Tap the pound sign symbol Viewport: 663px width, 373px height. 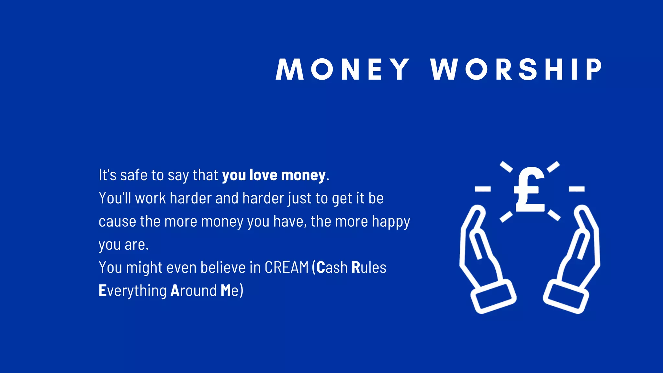click(x=530, y=190)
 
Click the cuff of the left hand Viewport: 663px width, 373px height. click(x=493, y=297)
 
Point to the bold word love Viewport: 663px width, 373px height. click(x=263, y=175)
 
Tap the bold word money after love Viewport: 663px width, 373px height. click(x=303, y=176)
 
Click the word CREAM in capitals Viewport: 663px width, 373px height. click(x=287, y=268)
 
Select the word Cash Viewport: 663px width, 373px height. click(x=332, y=268)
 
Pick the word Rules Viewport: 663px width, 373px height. click(x=369, y=268)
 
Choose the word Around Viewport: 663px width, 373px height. click(x=193, y=291)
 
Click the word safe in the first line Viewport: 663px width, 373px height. click(x=134, y=175)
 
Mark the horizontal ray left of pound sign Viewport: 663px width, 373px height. click(x=483, y=189)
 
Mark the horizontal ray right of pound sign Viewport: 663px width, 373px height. click(x=577, y=189)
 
